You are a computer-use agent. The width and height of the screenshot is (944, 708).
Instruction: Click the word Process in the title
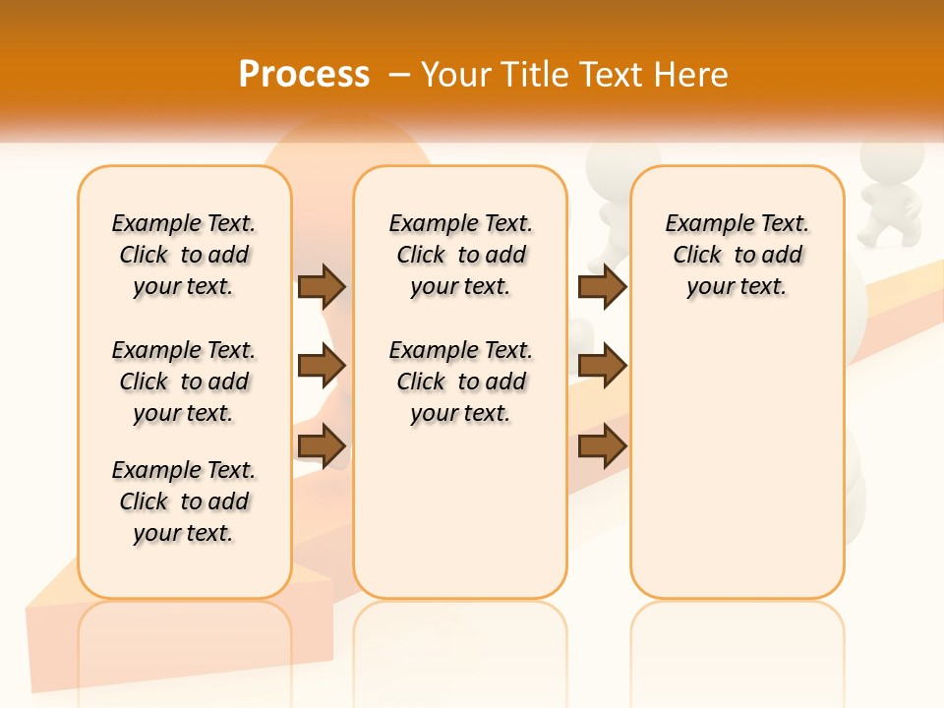coord(304,74)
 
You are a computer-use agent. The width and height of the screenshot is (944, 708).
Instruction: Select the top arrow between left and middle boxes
coord(322,286)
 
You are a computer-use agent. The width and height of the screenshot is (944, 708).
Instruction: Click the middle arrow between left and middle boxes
coord(322,367)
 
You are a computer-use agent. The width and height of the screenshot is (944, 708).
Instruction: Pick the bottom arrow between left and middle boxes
coord(322,447)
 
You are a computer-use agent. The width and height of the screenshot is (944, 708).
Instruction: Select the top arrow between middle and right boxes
coord(602,286)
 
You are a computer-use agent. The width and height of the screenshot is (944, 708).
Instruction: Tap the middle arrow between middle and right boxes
coord(602,367)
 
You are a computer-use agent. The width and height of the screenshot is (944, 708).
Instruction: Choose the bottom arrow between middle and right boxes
coord(602,447)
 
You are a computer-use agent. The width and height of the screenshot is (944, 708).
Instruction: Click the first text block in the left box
coord(184,255)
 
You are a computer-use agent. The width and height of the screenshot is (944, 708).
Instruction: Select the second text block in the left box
coord(184,382)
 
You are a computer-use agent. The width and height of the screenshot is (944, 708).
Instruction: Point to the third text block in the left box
coord(184,501)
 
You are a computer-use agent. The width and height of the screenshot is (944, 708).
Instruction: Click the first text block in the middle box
coord(461,255)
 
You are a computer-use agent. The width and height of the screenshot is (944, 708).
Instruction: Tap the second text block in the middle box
coord(461,382)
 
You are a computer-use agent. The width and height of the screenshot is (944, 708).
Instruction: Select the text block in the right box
coord(737,255)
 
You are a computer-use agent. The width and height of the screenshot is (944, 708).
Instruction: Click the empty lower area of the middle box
coord(461,511)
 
